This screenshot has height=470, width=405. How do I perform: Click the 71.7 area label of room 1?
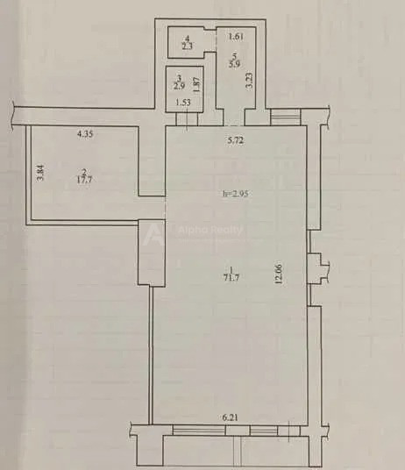point(231,278)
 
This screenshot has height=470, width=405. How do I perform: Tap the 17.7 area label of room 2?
point(84,180)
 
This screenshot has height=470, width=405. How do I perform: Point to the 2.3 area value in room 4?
point(188,46)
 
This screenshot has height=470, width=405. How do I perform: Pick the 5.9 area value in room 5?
point(234,63)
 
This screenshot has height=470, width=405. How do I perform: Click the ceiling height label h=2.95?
point(235,194)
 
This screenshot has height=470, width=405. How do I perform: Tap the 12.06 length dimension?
point(279,273)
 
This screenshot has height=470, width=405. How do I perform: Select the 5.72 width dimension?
point(235,140)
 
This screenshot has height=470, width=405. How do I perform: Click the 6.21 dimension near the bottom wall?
point(230,417)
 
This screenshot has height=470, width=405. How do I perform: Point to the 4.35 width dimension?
point(85,133)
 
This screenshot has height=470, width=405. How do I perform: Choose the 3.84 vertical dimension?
point(40,173)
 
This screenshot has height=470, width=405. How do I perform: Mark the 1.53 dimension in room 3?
point(182,103)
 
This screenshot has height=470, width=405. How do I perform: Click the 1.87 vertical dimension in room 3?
point(196,84)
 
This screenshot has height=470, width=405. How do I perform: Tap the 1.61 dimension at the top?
point(236,37)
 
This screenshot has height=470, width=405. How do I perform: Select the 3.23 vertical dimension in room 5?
point(250,81)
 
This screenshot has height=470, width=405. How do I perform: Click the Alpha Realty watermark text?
point(210,230)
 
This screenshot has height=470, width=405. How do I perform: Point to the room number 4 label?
point(188,39)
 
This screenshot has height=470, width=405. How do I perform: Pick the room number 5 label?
point(235,56)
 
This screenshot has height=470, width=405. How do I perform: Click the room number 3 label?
point(180,78)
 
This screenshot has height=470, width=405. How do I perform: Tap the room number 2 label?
point(84,172)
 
